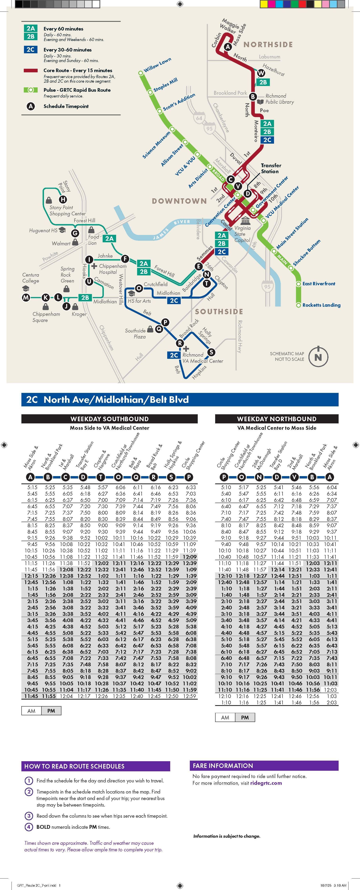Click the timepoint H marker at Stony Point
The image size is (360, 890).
[63, 199]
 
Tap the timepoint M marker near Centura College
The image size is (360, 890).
[26, 297]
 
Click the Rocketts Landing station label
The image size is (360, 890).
[321, 305]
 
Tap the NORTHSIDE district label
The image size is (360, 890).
[268, 45]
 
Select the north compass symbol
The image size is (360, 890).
[318, 357]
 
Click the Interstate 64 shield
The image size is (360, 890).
[199, 118]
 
